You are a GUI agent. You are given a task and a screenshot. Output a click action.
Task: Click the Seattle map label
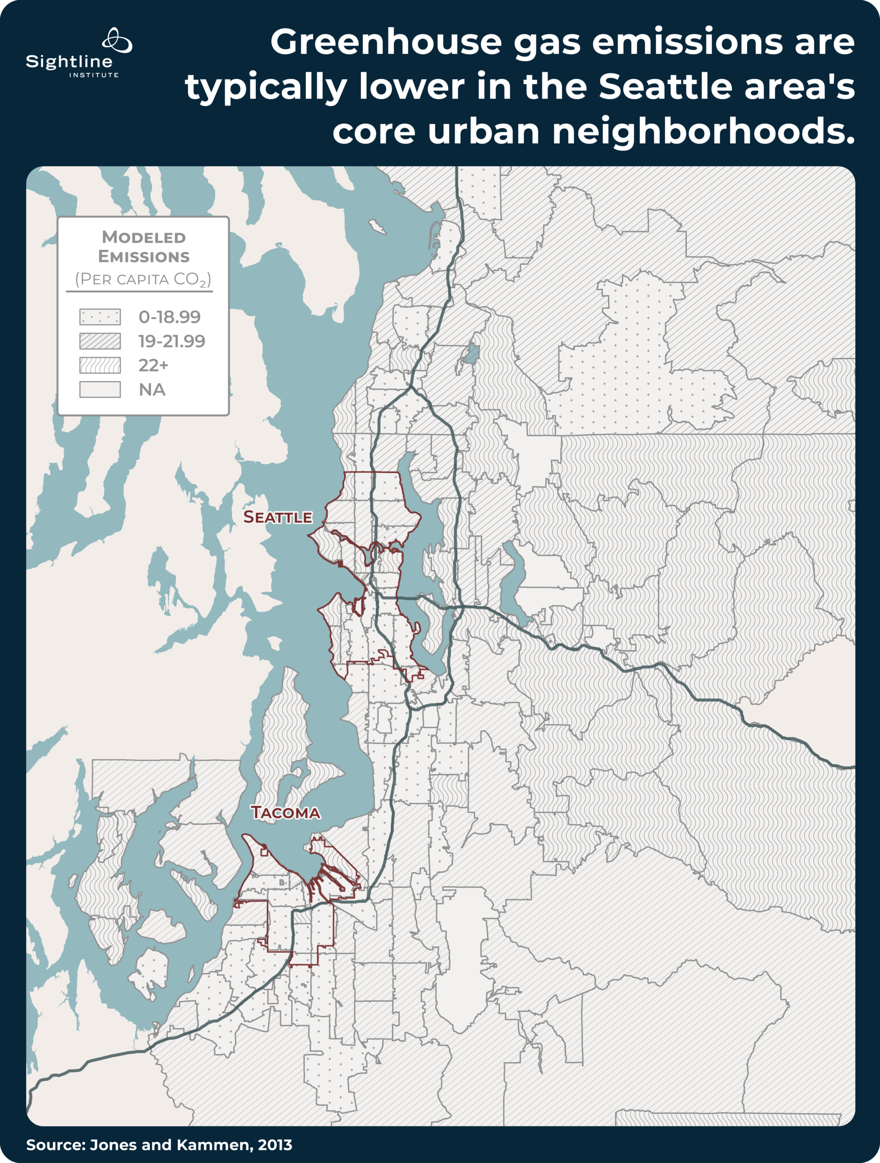tap(277, 517)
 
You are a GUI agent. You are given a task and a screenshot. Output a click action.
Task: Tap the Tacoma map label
tap(285, 813)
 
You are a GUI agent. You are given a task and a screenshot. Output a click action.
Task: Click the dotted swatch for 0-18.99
tap(100, 317)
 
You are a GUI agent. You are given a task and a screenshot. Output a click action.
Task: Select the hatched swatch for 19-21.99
tap(100, 341)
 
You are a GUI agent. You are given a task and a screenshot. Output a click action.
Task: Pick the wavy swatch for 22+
tap(100, 365)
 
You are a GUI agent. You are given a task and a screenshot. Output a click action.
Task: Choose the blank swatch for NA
tap(100, 390)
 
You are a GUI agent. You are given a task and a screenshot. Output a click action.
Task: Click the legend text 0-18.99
tap(170, 317)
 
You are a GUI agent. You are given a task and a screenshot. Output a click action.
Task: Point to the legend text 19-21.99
tap(171, 341)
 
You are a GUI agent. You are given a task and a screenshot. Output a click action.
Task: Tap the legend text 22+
tap(153, 365)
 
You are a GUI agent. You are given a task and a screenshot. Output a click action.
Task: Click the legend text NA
tap(152, 390)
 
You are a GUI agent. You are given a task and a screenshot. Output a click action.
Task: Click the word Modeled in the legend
tap(144, 237)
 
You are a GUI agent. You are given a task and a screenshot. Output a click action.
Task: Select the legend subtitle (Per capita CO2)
tap(143, 279)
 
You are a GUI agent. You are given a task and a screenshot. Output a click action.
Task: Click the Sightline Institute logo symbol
tap(117, 40)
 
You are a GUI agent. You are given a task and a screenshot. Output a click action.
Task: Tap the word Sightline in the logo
tap(69, 62)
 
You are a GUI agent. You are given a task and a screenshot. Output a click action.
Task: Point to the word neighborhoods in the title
tap(703, 131)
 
